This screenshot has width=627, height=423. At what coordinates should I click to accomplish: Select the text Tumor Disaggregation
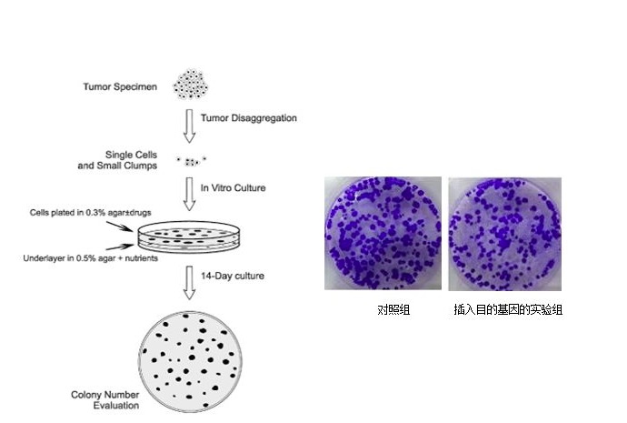coord(249,118)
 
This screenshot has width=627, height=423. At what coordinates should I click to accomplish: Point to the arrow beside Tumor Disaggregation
coord(190,126)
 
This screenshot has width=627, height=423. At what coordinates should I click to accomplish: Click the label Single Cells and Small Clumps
coord(119,160)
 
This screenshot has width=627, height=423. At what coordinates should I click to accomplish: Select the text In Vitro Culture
coord(234,187)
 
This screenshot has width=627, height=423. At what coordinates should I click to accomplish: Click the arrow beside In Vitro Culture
coord(190,196)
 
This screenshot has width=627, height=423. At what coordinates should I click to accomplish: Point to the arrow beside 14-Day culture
coord(190,281)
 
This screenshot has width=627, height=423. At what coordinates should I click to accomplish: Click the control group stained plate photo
coord(383,233)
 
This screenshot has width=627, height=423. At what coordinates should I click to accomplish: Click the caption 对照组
coord(393,310)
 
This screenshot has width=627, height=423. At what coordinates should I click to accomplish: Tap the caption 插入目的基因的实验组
coord(508,310)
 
